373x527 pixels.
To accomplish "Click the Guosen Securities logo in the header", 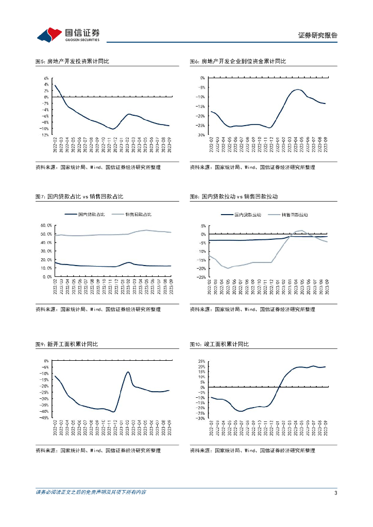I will pyautogui.click(x=69, y=35).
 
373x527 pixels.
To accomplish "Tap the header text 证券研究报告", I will pyautogui.click(x=318, y=36).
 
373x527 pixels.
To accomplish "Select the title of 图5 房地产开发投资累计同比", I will pyautogui.click(x=72, y=61).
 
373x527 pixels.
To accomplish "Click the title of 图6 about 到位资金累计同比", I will pyautogui.click(x=238, y=61).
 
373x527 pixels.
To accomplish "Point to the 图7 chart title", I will pyautogui.click(x=79, y=197).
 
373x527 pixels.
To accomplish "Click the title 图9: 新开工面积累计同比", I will pyautogui.click(x=66, y=344).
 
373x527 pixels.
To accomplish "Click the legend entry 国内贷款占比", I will pyautogui.click(x=91, y=215).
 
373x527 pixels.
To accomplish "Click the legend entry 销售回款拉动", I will pyautogui.click(x=295, y=215).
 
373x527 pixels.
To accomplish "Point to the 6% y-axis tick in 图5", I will pyautogui.click(x=46, y=78).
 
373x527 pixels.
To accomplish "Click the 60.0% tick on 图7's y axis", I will pyautogui.click(x=46, y=225).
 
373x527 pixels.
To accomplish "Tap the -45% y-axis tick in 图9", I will pyautogui.click(x=44, y=418).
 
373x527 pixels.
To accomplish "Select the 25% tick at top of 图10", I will pyautogui.click(x=201, y=361).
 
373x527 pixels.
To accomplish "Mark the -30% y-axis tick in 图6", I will pyautogui.click(x=200, y=135).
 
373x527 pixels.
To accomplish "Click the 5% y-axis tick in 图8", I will pyautogui.click(x=202, y=225).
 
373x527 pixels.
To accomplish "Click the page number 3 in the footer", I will pyautogui.click(x=335, y=493).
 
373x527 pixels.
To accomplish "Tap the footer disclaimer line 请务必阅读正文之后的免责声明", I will pyautogui.click(x=91, y=493).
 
